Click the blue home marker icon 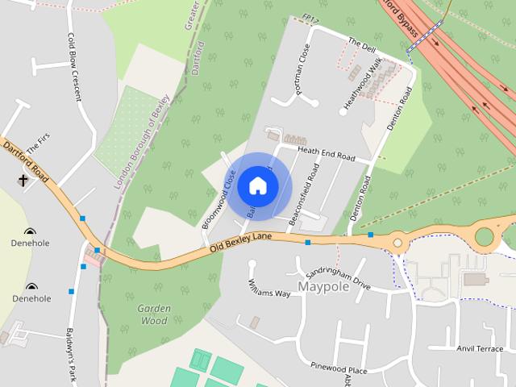pyautogui.click(x=258, y=185)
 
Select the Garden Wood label pyautogui.click(x=152, y=314)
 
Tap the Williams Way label pyautogui.click(x=269, y=288)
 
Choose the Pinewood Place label pyautogui.click(x=339, y=370)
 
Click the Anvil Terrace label pyautogui.click(x=480, y=348)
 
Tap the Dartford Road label pyautogui.click(x=27, y=162)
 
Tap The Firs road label pyautogui.click(x=38, y=145)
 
